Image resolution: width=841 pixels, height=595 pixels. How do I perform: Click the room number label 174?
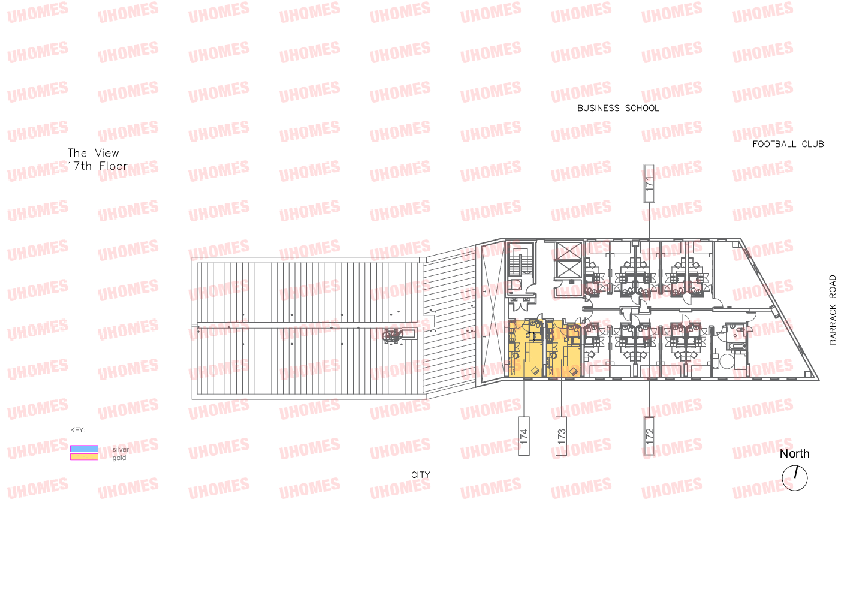point(524,436)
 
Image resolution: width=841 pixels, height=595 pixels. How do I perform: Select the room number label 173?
point(562,436)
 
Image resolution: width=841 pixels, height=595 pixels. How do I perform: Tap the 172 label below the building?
point(650,436)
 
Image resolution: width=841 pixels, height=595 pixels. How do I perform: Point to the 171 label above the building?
point(649,183)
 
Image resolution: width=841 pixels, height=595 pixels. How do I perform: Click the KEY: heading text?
point(78,430)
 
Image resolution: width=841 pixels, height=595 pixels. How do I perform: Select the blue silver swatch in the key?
point(84,449)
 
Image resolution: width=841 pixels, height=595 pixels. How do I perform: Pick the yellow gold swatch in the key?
point(84,457)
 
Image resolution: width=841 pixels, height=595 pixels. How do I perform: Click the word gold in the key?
point(119,458)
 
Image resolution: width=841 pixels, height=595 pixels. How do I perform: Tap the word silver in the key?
point(119,450)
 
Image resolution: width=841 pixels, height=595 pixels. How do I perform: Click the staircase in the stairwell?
point(516,264)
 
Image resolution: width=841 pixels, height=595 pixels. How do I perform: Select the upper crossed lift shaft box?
point(567,251)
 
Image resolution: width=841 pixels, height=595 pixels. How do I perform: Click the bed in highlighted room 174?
point(533,354)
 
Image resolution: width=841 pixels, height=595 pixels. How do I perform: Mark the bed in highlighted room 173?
point(570,354)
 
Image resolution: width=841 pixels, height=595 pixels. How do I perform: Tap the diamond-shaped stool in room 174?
point(535,371)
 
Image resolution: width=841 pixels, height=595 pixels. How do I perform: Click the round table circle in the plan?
point(727,362)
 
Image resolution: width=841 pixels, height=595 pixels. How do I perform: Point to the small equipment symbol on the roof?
point(393,338)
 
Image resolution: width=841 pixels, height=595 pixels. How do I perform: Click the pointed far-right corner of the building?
point(818,379)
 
